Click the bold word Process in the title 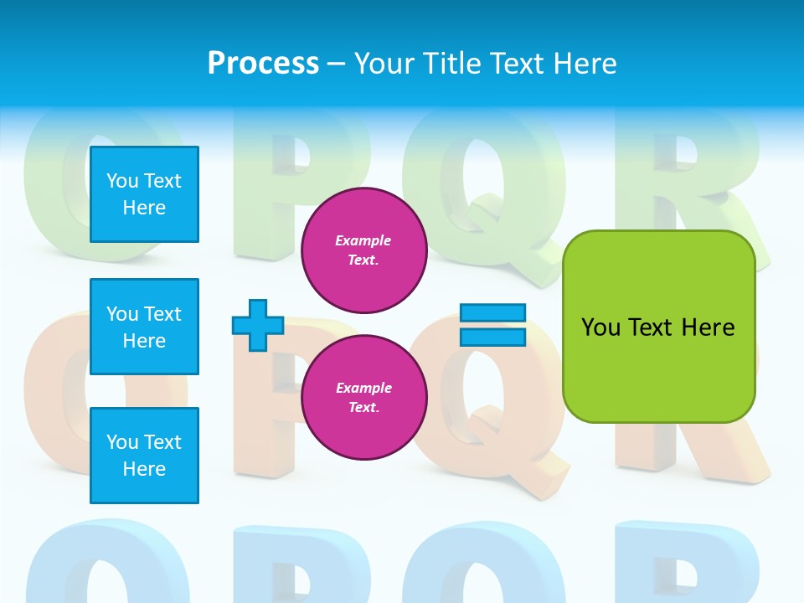263,64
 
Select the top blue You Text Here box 144,194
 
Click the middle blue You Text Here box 144,327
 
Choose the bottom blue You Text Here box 144,456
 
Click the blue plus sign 258,325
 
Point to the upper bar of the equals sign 493,313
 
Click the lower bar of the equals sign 493,337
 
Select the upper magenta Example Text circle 363,250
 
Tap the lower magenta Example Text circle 363,397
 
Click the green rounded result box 658,327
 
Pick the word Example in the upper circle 363,240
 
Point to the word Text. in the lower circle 363,407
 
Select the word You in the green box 600,327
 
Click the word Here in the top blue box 144,208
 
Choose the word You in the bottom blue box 122,442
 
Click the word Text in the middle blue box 162,314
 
